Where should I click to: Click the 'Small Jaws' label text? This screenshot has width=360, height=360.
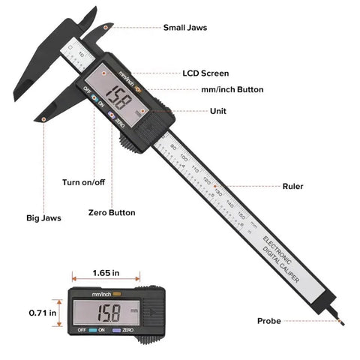coord(185,28)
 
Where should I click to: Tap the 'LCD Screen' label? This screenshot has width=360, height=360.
coord(205,73)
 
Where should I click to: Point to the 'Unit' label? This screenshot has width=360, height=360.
coord(220,110)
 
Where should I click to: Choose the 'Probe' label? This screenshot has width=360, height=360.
coord(268,321)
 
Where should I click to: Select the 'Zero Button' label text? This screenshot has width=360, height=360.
coord(112,212)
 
